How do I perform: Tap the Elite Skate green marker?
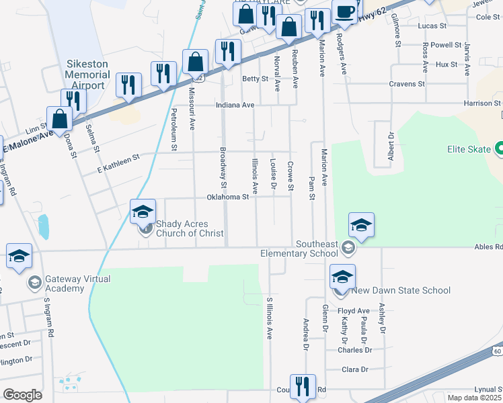[500, 148]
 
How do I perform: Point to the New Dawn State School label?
[401, 290]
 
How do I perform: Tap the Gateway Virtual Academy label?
[65, 283]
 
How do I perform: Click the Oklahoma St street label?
[227, 197]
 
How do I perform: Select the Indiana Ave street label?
[235, 105]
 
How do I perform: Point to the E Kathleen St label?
[118, 158]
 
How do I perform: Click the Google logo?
[22, 395]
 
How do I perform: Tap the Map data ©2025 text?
[474, 398]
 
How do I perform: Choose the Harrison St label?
[482, 103]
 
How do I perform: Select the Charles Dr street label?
[354, 350]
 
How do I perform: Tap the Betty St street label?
[255, 79]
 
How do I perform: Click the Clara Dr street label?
[356, 369]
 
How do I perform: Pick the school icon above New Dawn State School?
[342, 277]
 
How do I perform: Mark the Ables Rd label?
[490, 247]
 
